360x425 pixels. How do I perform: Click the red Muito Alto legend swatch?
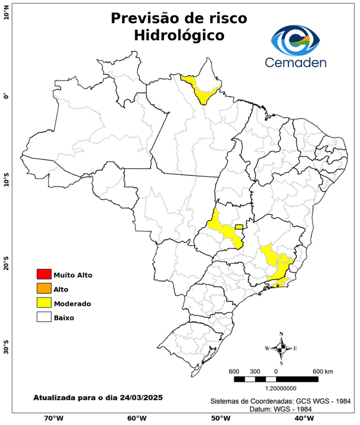tap(44, 274)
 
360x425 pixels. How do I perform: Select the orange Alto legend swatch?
tap(44, 288)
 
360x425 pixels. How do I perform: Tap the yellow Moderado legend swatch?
tap(44, 303)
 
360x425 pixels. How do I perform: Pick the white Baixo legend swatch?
tap(44, 317)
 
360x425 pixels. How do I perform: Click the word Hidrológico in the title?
tap(179, 35)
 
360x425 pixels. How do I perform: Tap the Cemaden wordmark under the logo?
tap(296, 63)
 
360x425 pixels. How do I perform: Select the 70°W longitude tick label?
tap(53, 418)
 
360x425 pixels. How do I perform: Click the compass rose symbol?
tap(281, 348)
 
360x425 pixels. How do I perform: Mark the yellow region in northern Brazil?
tap(202, 89)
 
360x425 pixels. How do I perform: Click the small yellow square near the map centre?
tap(239, 227)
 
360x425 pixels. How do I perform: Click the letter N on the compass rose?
tap(281, 334)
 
